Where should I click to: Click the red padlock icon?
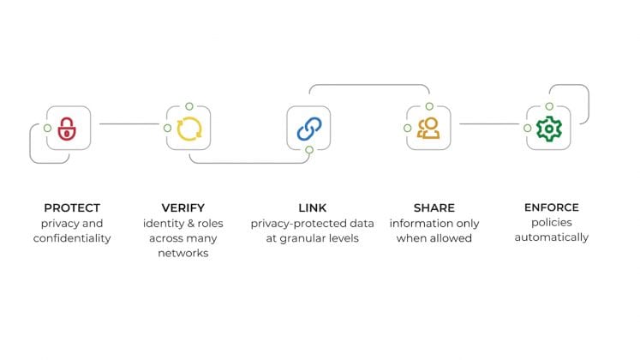click(x=67, y=129)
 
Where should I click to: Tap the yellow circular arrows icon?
click(x=188, y=129)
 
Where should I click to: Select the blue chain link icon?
click(x=308, y=129)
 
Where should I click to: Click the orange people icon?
click(x=428, y=129)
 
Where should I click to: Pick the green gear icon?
click(x=547, y=129)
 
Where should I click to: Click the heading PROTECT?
click(x=72, y=207)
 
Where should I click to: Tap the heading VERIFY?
click(x=183, y=207)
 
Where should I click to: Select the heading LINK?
click(x=313, y=207)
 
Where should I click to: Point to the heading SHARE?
click(x=434, y=207)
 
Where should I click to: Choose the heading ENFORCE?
click(x=551, y=207)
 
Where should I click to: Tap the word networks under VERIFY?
click(x=183, y=253)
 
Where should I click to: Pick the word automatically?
click(x=551, y=237)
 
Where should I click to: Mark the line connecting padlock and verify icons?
click(x=129, y=124)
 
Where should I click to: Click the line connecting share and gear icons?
click(x=489, y=124)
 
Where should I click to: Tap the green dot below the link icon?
click(x=309, y=150)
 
